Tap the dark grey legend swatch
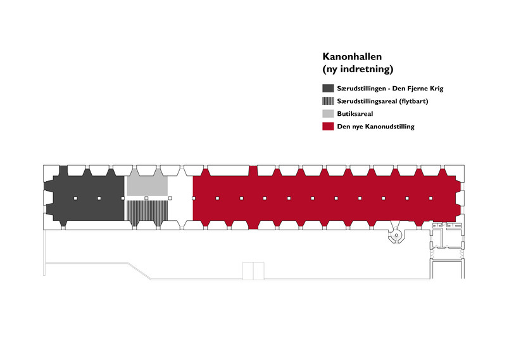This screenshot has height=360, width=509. (x=328, y=88)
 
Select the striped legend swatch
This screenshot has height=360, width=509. (x=328, y=101)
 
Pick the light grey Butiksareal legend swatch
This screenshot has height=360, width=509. (x=328, y=113)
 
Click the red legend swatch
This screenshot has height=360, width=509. (x=328, y=126)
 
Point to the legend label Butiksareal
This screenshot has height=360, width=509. (x=355, y=114)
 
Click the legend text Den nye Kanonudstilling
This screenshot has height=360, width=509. (x=375, y=127)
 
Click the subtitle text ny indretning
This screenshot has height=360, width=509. (x=358, y=69)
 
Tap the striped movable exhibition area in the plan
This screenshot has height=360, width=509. (x=147, y=213)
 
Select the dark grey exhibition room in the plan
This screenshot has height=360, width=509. (x=85, y=198)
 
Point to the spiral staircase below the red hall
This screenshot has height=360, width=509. (x=396, y=235)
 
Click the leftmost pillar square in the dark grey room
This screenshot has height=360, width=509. (x=75, y=198)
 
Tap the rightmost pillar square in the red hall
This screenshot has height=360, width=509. (x=430, y=198)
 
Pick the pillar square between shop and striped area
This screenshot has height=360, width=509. (x=146, y=198)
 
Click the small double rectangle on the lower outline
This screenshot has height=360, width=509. (x=253, y=271)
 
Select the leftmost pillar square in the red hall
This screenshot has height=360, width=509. (x=194, y=198)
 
